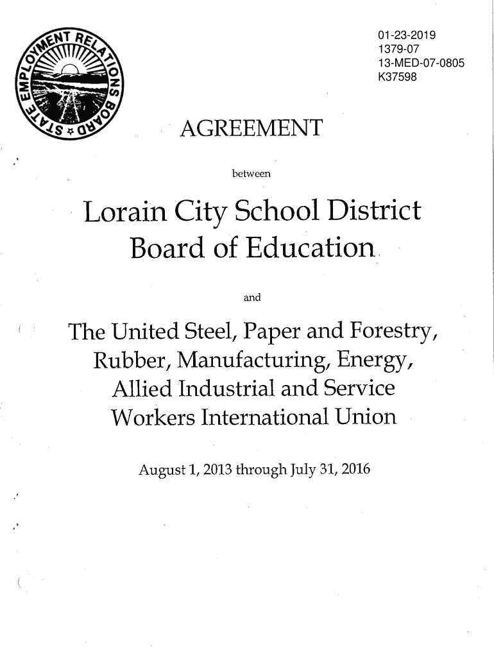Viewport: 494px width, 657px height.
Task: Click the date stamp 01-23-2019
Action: point(407,35)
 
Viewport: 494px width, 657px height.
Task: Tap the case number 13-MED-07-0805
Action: point(422,64)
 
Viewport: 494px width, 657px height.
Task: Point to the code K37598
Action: point(398,79)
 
